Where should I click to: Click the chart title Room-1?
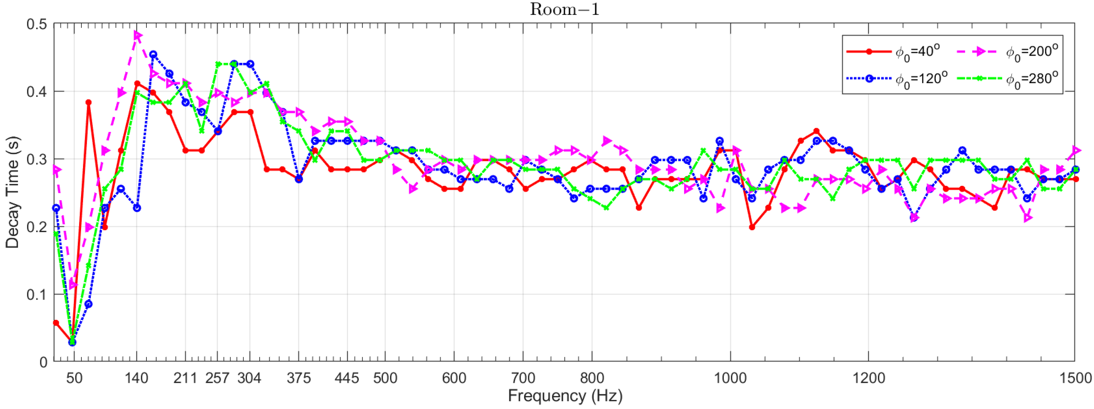(x=564, y=9)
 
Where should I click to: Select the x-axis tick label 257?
(x=217, y=378)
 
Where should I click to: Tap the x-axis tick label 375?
(x=299, y=378)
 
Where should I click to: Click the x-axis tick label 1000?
(x=730, y=378)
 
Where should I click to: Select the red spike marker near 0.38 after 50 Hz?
(x=88, y=103)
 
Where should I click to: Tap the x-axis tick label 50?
(x=74, y=378)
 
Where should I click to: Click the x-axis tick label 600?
(x=454, y=378)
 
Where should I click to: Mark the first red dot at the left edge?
(x=56, y=323)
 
